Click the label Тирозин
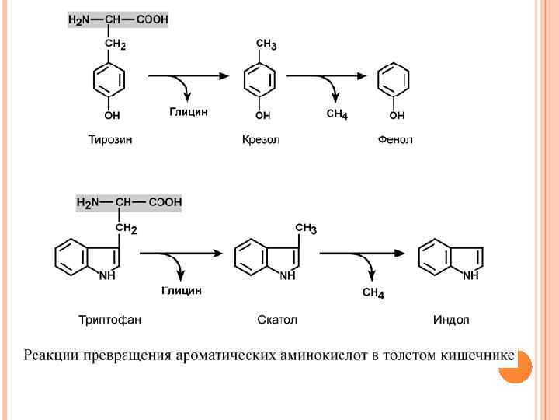[x=109, y=140]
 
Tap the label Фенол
[x=395, y=140]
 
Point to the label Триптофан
[x=109, y=320]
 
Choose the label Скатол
[x=277, y=320]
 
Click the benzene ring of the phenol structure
[x=394, y=81]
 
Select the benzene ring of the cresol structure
[x=261, y=81]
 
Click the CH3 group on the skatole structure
[x=305, y=228]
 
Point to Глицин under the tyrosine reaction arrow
[x=189, y=112]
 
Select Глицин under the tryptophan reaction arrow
[x=182, y=290]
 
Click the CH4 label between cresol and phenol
[x=337, y=114]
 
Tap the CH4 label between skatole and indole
[x=373, y=293]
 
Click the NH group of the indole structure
[x=470, y=275]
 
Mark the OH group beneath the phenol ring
[x=397, y=115]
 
